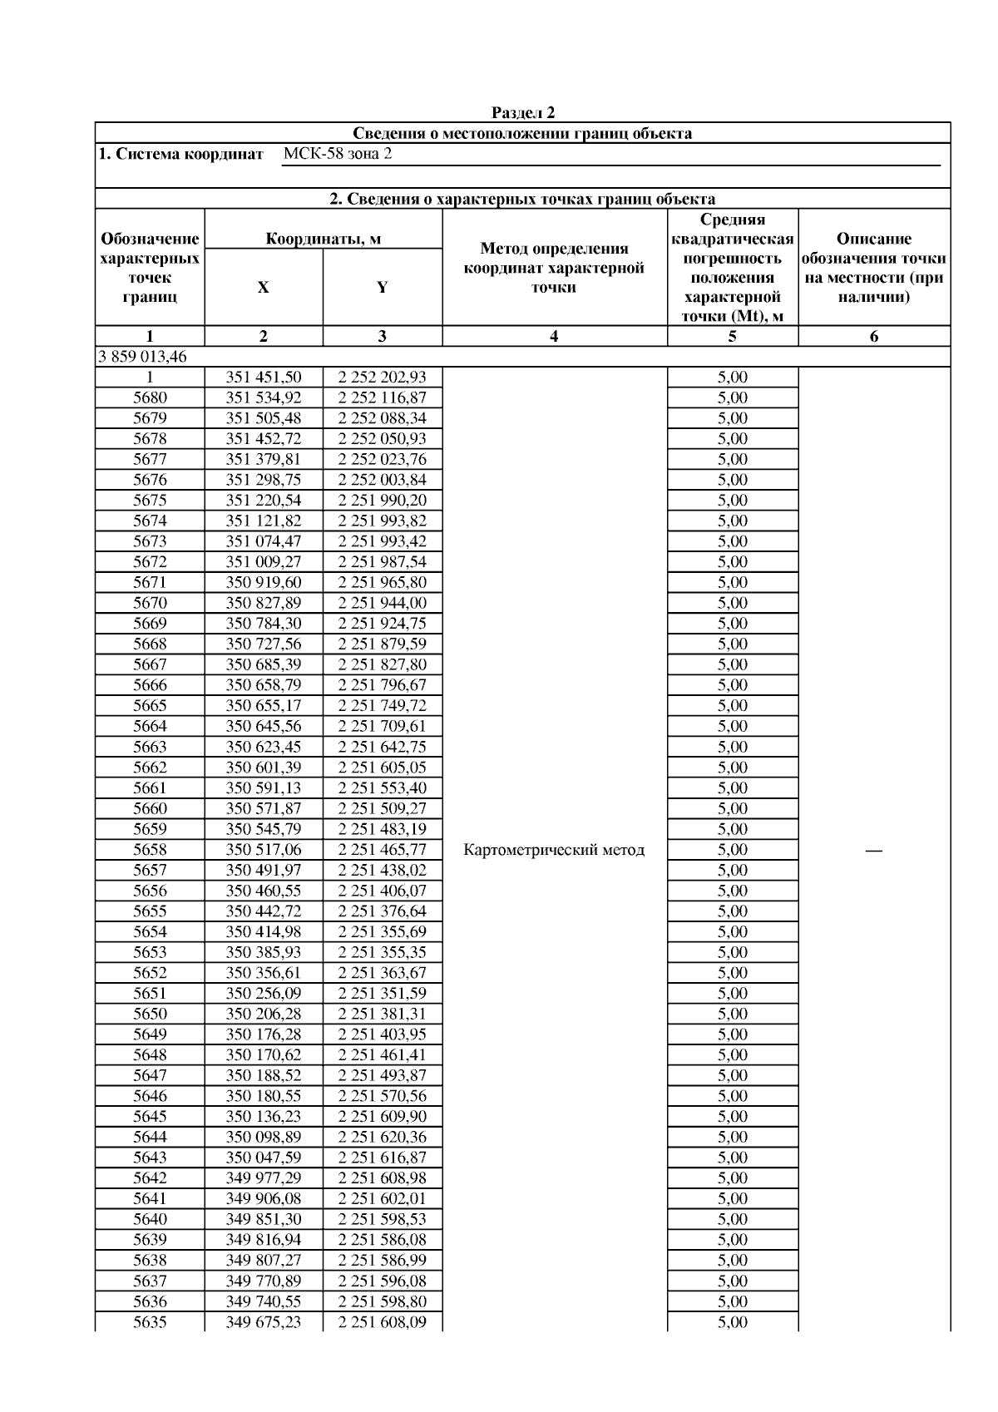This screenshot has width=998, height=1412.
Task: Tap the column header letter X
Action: (263, 288)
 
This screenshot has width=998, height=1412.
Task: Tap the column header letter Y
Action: (382, 288)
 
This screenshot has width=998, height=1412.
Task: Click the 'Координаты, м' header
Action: (323, 239)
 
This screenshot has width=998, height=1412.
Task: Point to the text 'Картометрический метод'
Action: (554, 850)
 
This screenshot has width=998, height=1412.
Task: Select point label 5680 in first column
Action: (150, 397)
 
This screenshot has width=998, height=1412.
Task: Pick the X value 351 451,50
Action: (264, 377)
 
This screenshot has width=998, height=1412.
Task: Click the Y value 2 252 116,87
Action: (382, 397)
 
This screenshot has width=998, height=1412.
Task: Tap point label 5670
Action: (150, 603)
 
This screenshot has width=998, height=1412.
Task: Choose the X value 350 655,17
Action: (264, 706)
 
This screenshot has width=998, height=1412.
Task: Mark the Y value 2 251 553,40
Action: (382, 787)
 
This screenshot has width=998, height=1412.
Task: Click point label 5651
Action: (150, 993)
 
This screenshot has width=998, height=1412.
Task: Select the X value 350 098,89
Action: (264, 1137)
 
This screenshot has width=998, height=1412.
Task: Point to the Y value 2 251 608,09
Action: (382, 1322)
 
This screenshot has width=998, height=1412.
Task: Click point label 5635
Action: (150, 1322)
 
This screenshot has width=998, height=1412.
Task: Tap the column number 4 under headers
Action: (554, 336)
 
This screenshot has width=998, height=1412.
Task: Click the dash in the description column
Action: (873, 850)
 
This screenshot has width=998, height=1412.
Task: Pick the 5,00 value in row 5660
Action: (732, 808)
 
